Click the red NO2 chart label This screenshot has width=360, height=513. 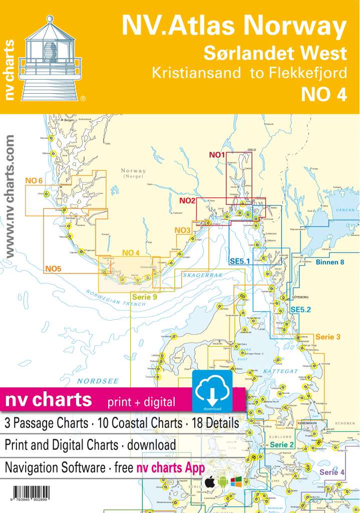click(x=187, y=201)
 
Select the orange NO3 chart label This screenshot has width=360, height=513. click(x=182, y=230)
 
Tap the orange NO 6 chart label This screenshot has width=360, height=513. click(x=34, y=180)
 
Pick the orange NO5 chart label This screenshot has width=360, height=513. click(x=53, y=269)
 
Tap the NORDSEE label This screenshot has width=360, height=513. click(x=98, y=381)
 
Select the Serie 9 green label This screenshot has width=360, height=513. click(x=145, y=297)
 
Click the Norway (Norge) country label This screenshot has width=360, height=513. click(x=133, y=173)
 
